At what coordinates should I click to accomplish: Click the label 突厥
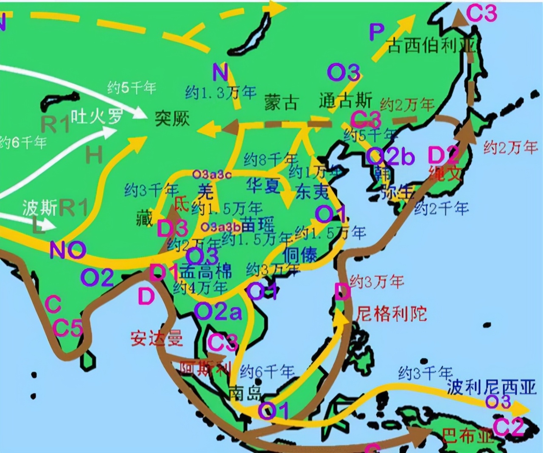pyautogui.click(x=172, y=118)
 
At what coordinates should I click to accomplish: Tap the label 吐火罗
pyautogui.click(x=97, y=115)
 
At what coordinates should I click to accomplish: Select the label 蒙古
pyautogui.click(x=281, y=102)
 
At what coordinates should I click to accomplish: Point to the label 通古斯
pyautogui.click(x=345, y=101)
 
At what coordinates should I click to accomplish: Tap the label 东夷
pyautogui.click(x=313, y=192)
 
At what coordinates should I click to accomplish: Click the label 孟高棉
pyautogui.click(x=206, y=271)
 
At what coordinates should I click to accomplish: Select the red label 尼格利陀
pyautogui.click(x=391, y=314)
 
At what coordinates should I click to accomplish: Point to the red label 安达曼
pyautogui.click(x=157, y=339)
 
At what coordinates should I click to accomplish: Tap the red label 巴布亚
pyautogui.click(x=467, y=436)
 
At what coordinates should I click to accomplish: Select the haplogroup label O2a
pyautogui.click(x=218, y=312)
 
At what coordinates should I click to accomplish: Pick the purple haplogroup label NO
pyautogui.click(x=68, y=250)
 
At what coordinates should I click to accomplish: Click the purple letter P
pyautogui.click(x=377, y=32)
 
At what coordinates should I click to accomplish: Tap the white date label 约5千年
pyautogui.click(x=132, y=88)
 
